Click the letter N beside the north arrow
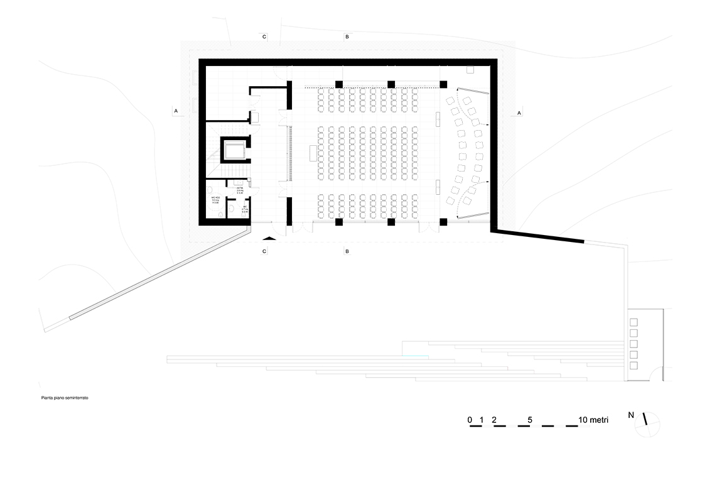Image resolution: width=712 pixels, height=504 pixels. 630,415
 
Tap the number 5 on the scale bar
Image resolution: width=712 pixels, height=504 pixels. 531,419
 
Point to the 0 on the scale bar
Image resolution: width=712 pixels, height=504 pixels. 469,419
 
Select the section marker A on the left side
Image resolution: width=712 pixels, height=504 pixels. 176,111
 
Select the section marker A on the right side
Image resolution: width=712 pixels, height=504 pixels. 519,112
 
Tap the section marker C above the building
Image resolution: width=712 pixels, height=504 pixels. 264,38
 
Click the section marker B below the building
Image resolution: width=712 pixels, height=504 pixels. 347,251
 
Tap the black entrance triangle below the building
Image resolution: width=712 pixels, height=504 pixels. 268,239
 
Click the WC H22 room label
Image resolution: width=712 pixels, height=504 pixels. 215,199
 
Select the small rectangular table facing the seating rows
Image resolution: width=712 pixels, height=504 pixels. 313,153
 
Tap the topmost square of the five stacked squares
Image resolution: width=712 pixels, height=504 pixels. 633,322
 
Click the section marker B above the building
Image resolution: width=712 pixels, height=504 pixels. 347,38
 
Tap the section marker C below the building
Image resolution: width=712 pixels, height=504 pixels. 264,251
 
